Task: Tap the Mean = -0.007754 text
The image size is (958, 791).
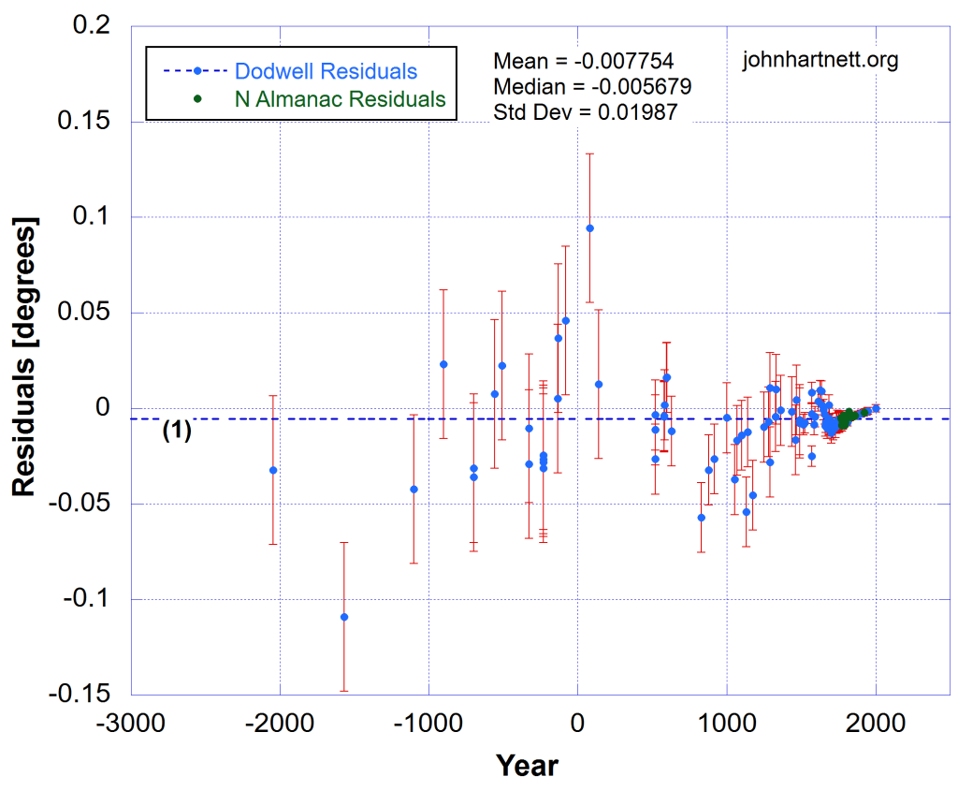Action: (x=583, y=62)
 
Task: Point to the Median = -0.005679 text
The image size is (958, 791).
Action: (x=592, y=87)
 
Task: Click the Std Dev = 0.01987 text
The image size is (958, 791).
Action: (x=585, y=112)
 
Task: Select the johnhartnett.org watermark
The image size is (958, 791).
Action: (x=820, y=61)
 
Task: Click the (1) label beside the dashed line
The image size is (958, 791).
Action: (x=177, y=432)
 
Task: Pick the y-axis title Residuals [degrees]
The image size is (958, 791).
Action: (x=24, y=358)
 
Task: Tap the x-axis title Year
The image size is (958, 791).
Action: (x=527, y=766)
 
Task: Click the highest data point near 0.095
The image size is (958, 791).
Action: (x=589, y=228)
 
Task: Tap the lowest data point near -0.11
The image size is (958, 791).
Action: (x=344, y=617)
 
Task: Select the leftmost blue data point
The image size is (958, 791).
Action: (x=273, y=470)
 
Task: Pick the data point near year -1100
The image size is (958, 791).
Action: (x=414, y=489)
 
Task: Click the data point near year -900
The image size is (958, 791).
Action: (x=443, y=364)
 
